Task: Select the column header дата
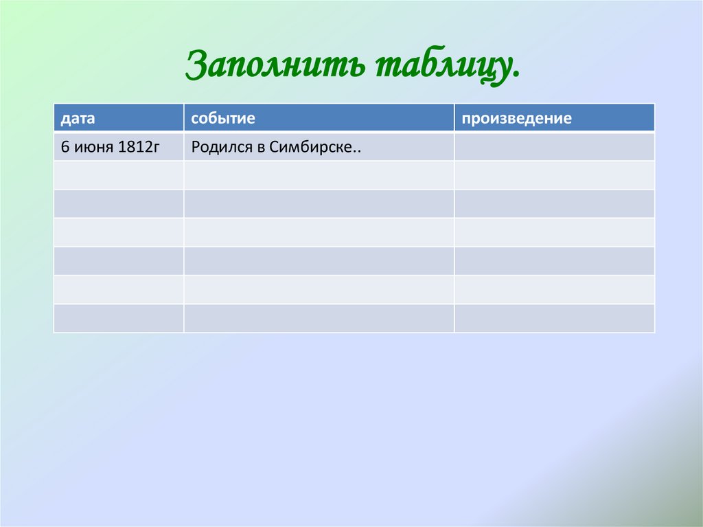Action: click(x=78, y=118)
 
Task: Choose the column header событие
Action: click(x=223, y=118)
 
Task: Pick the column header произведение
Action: click(x=516, y=118)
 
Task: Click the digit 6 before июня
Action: click(x=65, y=147)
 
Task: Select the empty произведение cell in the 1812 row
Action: click(x=554, y=147)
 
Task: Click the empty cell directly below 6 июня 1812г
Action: click(x=118, y=175)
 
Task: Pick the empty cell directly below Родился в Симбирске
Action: click(x=319, y=175)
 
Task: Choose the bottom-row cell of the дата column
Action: click(x=118, y=318)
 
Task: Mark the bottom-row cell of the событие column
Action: click(x=319, y=318)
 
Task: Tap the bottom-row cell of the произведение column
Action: click(x=554, y=318)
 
